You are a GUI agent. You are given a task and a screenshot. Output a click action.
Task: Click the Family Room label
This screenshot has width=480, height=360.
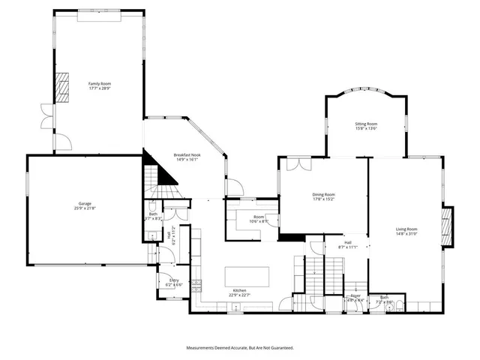click(x=100, y=83)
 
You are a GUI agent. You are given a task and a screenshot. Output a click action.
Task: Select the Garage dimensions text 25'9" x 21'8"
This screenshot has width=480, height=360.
click(x=85, y=208)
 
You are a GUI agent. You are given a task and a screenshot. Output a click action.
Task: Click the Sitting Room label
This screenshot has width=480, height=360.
click(x=366, y=124)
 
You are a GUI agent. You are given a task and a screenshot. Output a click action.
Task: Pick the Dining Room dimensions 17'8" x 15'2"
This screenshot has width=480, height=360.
click(x=323, y=199)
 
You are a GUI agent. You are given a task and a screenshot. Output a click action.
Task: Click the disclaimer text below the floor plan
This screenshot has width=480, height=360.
click(x=240, y=348)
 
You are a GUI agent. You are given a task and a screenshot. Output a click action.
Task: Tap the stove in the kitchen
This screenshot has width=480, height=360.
click(x=196, y=285)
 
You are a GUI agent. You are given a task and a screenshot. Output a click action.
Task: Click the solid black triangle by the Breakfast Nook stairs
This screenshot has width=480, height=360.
click(x=165, y=174)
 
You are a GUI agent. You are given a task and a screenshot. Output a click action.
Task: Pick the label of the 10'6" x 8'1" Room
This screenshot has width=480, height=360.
click(x=247, y=217)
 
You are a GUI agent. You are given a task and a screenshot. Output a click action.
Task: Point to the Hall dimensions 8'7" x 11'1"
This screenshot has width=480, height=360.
click(x=348, y=247)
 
